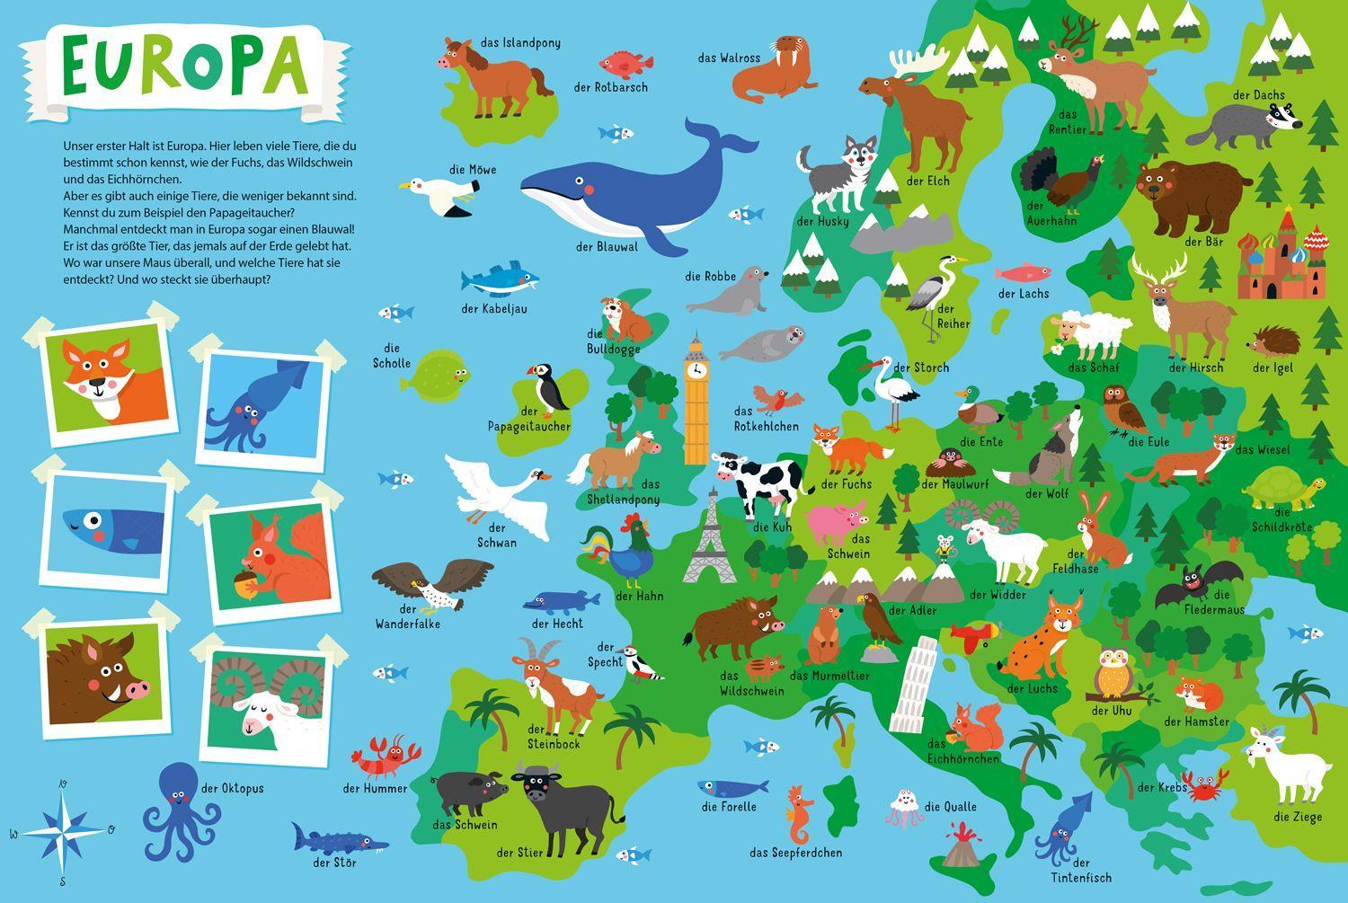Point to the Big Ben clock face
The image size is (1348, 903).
point(696,368)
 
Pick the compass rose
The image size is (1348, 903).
point(63,830)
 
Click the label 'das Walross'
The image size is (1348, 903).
point(729,58)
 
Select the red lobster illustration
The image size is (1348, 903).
point(386,757)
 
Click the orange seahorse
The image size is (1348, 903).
point(797,813)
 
